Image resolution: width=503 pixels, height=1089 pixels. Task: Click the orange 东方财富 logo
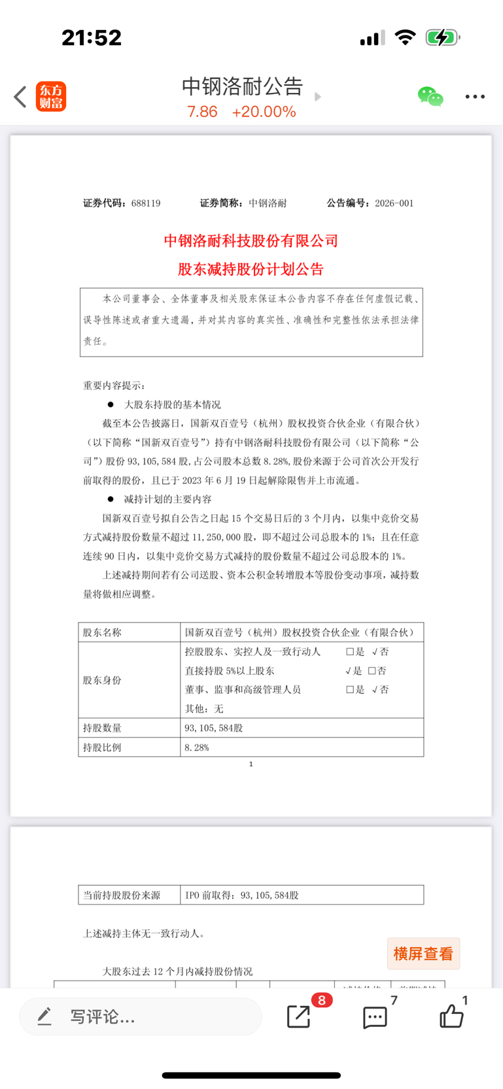click(51, 97)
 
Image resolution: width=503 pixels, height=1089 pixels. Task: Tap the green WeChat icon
click(430, 97)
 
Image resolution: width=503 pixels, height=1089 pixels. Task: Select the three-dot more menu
click(475, 97)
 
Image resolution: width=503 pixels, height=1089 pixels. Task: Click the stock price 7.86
click(202, 112)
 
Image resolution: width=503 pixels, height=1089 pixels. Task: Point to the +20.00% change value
click(264, 112)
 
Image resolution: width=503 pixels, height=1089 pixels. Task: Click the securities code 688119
click(146, 203)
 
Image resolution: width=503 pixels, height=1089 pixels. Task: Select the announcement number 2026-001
click(394, 203)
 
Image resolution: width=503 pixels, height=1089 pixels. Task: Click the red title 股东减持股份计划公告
click(251, 269)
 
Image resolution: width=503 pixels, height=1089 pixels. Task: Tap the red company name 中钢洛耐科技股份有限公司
click(251, 241)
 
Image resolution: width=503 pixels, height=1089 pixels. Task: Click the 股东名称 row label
click(102, 632)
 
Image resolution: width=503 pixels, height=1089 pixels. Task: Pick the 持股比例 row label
click(102, 747)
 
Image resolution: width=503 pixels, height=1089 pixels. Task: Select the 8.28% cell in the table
click(197, 747)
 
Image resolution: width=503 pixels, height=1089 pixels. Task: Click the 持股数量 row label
click(102, 728)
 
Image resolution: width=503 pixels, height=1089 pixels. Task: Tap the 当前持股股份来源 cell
click(122, 895)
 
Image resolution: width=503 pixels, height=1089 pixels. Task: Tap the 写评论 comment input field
click(141, 1016)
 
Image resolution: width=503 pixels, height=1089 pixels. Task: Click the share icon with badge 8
click(300, 1016)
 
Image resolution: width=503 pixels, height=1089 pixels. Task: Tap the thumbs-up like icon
click(451, 1016)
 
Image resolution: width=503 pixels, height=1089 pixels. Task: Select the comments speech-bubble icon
click(375, 1017)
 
